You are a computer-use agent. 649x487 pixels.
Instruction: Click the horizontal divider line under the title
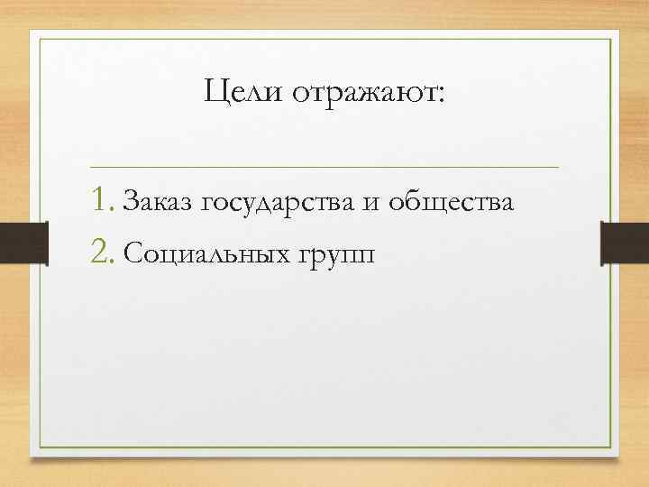tap(324, 167)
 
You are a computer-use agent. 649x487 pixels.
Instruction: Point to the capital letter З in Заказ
tap(129, 204)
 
